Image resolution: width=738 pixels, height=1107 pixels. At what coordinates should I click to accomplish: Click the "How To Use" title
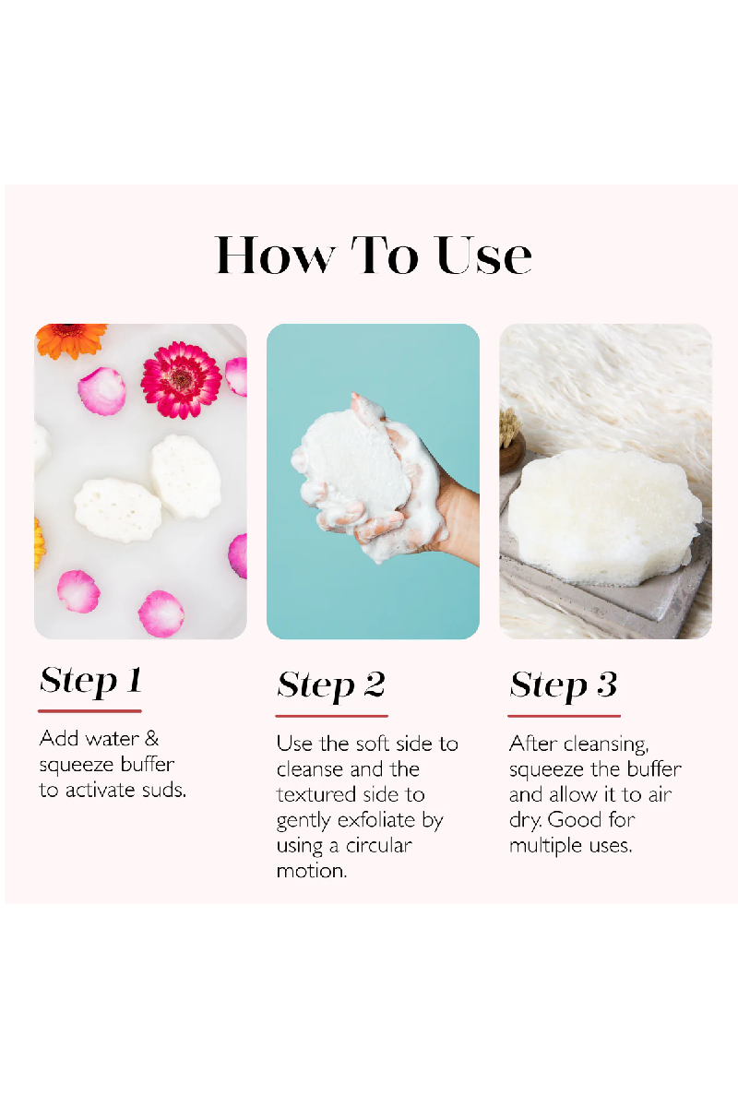pos(374,256)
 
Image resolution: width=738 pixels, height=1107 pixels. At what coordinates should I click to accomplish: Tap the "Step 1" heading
pos(90,681)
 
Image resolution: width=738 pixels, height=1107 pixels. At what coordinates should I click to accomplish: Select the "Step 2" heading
pos(330,685)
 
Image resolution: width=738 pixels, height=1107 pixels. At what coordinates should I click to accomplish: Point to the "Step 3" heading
pos(563,685)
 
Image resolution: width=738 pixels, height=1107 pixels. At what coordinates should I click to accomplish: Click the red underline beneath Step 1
pos(90,711)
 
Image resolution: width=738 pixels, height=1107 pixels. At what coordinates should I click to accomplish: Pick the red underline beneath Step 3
pos(564,716)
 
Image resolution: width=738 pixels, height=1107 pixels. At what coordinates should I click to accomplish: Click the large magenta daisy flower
pos(181,380)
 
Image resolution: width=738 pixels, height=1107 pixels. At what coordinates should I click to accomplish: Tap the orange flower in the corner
pos(70,339)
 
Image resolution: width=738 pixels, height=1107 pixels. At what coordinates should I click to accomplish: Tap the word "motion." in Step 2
pos(312,871)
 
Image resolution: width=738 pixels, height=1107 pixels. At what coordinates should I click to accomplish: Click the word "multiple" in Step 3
pos(540,846)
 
